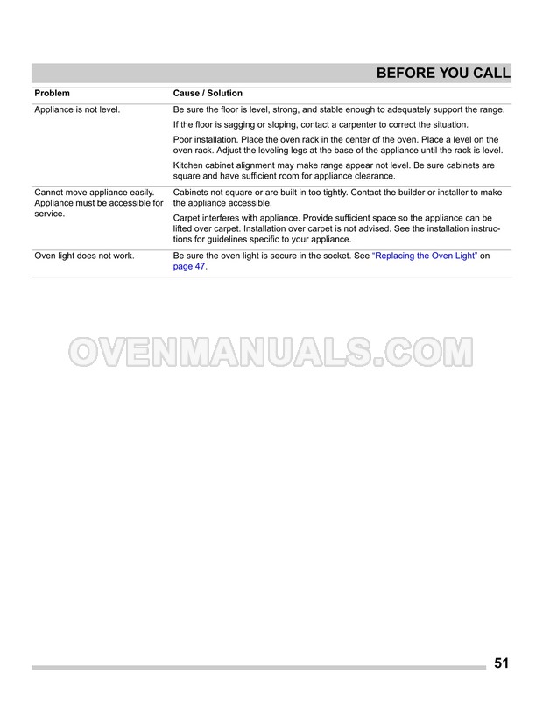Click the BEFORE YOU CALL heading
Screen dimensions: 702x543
click(443, 74)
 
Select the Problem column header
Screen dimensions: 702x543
click(52, 94)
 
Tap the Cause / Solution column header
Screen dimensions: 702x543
click(208, 94)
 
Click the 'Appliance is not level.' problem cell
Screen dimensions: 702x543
click(77, 109)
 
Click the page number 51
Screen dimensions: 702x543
click(501, 663)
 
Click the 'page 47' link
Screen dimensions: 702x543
click(189, 268)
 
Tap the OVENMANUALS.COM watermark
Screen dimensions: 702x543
click(271, 352)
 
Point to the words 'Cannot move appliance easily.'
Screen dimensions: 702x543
click(94, 193)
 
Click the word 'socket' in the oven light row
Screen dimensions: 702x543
click(330, 256)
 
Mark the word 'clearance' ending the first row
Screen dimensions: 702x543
click(371, 176)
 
